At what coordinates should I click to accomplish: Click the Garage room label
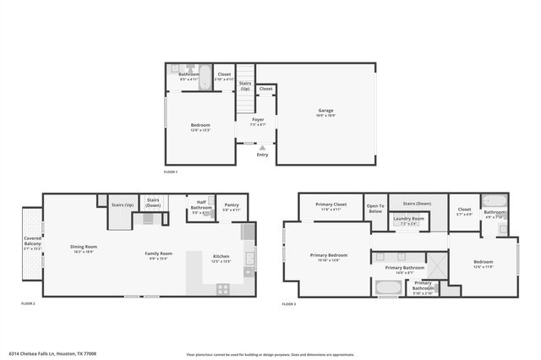325,112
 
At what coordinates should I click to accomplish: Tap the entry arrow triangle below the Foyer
262,147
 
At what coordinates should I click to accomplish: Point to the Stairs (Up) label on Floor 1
245,85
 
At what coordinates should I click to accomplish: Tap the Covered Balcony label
32,243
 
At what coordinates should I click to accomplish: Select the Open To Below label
375,208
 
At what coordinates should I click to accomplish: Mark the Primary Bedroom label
328,257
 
